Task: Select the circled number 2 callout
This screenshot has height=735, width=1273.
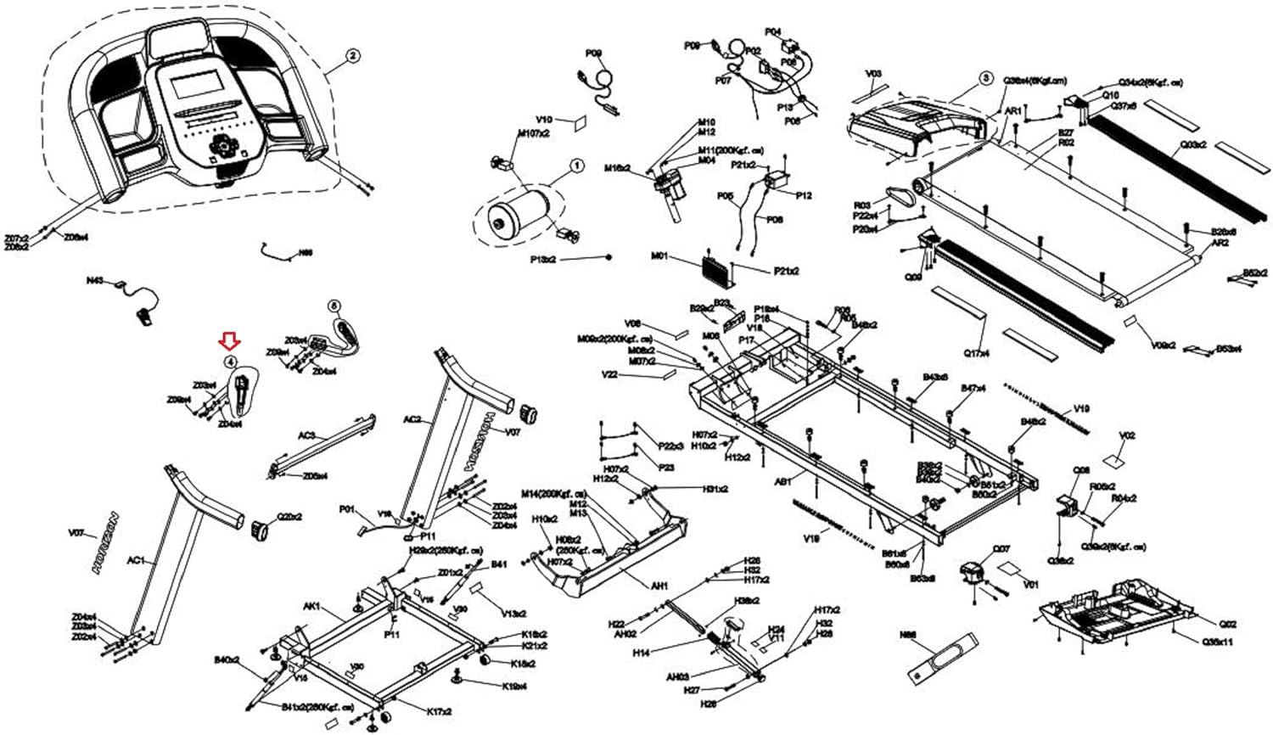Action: [x=352, y=56]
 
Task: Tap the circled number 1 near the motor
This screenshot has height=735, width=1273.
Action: [x=576, y=166]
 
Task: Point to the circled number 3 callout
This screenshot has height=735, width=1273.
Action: [x=985, y=77]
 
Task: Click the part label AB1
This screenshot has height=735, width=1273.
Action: [x=782, y=480]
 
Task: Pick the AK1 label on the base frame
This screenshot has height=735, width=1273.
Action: [x=311, y=607]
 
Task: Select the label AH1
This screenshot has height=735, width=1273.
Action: [x=659, y=586]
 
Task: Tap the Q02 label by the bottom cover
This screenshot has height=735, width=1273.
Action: [x=1228, y=624]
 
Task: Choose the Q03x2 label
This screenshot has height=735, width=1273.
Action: [x=1192, y=144]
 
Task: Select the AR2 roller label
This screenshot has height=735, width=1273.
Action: [x=1220, y=243]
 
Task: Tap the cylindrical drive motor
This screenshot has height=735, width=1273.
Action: [x=519, y=216]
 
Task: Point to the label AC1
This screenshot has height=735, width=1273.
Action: [x=137, y=561]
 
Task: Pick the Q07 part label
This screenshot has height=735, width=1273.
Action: [x=1001, y=548]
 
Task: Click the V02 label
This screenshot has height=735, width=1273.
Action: [x=1127, y=435]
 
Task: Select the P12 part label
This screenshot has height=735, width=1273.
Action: [x=803, y=195]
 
